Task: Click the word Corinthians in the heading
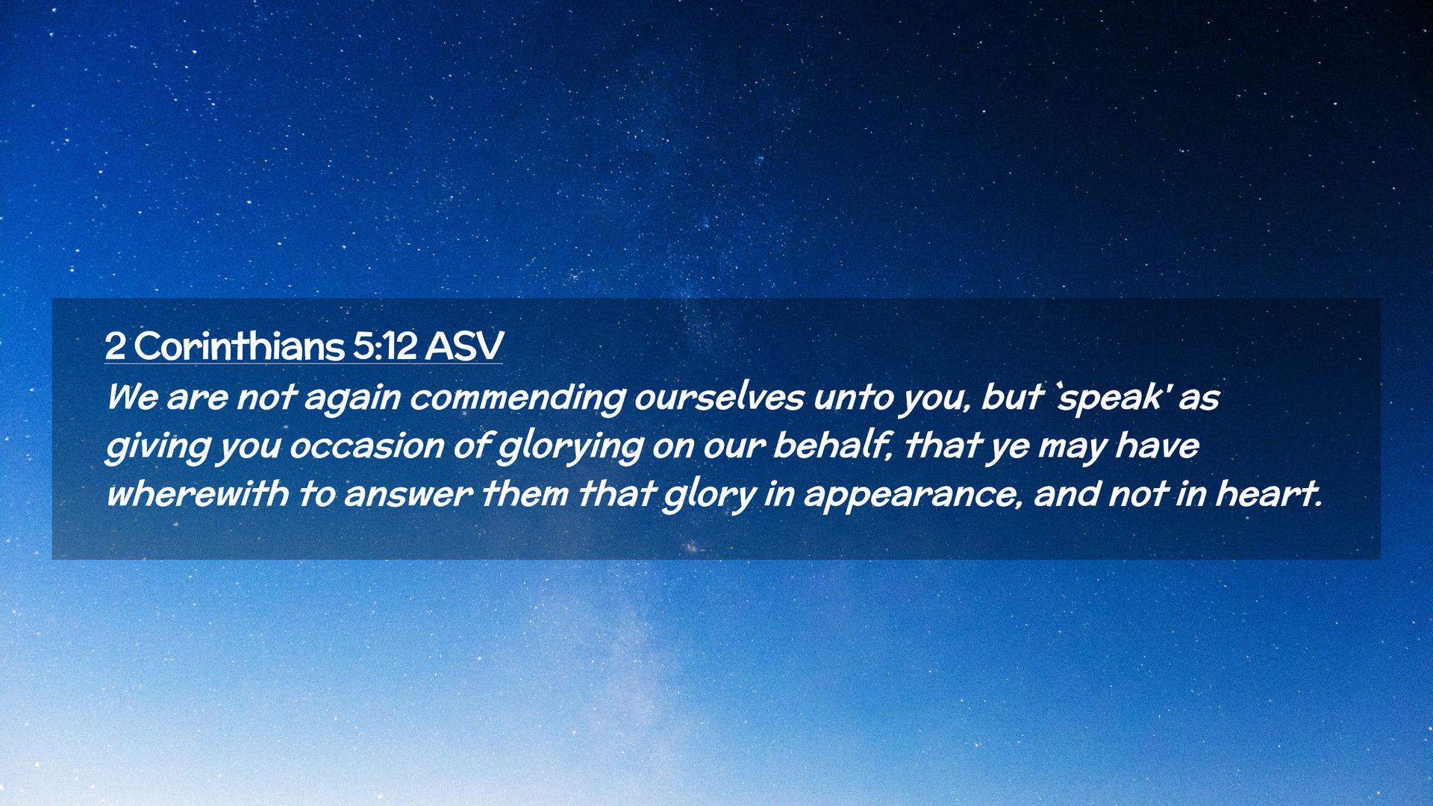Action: (x=239, y=346)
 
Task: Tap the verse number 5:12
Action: (x=384, y=346)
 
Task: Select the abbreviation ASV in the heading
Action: (x=464, y=346)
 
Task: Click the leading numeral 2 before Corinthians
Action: (x=115, y=346)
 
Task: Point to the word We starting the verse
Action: (x=132, y=396)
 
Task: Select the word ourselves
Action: (x=719, y=396)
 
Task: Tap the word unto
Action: (x=854, y=396)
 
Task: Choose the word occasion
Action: (x=366, y=446)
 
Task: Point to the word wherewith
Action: (x=197, y=494)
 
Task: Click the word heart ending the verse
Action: (x=1269, y=494)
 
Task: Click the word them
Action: (x=525, y=494)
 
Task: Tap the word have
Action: (x=1157, y=446)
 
